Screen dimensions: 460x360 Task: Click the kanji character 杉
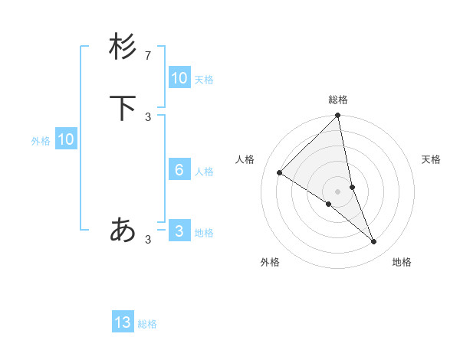tap(123, 47)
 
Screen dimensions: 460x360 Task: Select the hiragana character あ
tap(123, 229)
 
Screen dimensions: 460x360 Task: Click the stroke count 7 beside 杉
tap(148, 55)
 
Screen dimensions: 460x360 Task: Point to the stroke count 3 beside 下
tap(148, 116)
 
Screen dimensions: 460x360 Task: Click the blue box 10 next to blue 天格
tap(179, 78)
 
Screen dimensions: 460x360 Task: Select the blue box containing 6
tap(179, 170)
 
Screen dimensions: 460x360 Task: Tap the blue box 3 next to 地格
tap(179, 231)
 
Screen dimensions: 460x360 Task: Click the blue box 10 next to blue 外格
tap(65, 139)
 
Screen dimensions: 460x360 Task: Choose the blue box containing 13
tap(123, 322)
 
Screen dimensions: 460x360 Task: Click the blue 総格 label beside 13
tap(147, 324)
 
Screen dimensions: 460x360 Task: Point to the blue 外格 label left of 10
tap(41, 141)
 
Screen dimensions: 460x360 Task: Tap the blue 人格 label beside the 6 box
tap(204, 172)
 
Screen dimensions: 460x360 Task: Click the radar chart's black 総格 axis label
tap(338, 100)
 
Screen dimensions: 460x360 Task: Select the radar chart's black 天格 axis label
tap(431, 159)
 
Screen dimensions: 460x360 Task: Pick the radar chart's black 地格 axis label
tap(402, 262)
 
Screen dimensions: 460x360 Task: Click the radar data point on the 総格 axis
tap(338, 116)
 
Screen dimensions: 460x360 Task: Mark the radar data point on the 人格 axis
tap(280, 172)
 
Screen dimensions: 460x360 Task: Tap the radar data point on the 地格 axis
tap(374, 241)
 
